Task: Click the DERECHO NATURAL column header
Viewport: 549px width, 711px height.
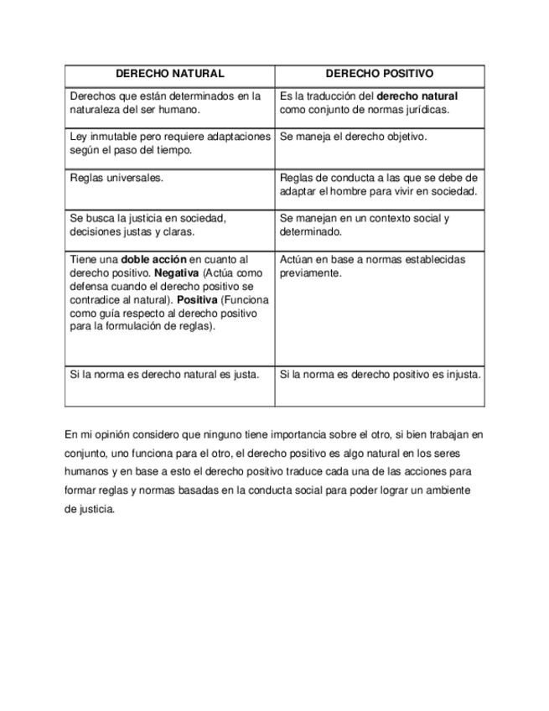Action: (x=169, y=75)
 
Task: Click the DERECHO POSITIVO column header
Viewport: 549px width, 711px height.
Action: (x=379, y=75)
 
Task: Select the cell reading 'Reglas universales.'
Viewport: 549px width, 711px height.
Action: (x=117, y=178)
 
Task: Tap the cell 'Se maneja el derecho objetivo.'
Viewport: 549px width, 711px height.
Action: (x=353, y=136)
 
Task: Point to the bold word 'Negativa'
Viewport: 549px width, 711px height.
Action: (x=176, y=273)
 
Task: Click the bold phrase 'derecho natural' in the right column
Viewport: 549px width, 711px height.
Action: (x=417, y=96)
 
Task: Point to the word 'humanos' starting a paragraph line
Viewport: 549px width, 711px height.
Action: (x=86, y=472)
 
